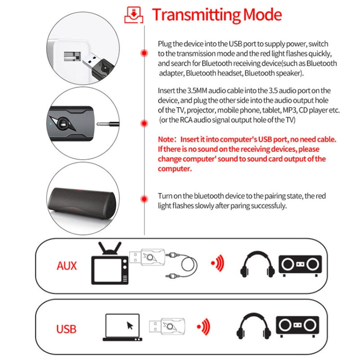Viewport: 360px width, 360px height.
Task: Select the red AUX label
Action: tap(66, 265)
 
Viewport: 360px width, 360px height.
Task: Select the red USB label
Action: tap(66, 329)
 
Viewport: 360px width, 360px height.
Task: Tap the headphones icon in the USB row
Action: tap(253, 327)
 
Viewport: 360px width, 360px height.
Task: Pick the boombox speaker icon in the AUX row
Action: tap(300, 264)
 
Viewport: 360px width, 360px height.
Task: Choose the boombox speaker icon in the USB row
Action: tap(297, 327)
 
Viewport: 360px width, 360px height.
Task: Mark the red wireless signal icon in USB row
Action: tap(205, 327)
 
